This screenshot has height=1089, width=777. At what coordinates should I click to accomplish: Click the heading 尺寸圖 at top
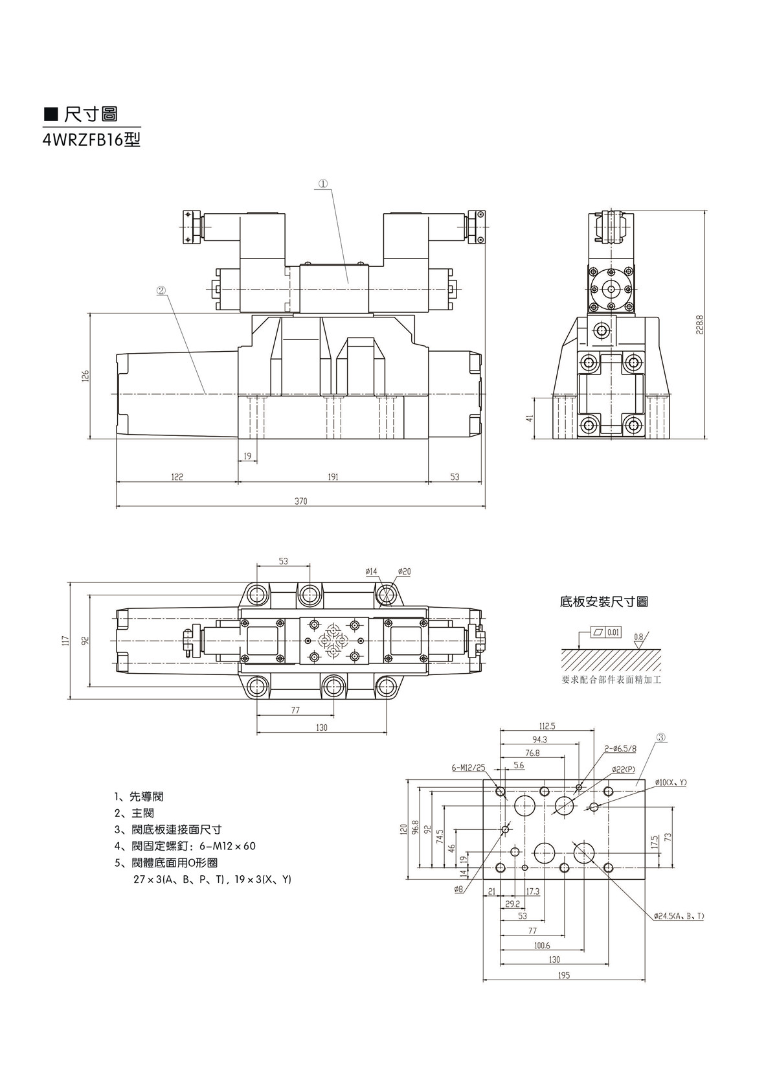(91, 115)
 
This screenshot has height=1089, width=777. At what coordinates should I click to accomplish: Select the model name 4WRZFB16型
(91, 139)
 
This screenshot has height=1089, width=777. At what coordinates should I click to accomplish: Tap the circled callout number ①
(322, 184)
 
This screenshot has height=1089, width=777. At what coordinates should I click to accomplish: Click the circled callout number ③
(661, 737)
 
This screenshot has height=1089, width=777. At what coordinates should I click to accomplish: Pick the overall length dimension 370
(300, 501)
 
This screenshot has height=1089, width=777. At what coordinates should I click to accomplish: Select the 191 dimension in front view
(333, 477)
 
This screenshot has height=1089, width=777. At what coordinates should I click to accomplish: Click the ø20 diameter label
(404, 571)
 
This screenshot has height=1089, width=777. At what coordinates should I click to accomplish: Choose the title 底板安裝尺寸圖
(603, 602)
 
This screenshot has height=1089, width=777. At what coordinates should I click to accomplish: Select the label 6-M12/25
(468, 768)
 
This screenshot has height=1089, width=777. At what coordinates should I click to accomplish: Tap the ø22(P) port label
(624, 769)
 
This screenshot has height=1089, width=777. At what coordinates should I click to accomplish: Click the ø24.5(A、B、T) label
(678, 916)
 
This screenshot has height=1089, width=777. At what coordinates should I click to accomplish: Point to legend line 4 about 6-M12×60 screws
(185, 846)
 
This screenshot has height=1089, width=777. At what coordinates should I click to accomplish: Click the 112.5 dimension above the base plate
(547, 726)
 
